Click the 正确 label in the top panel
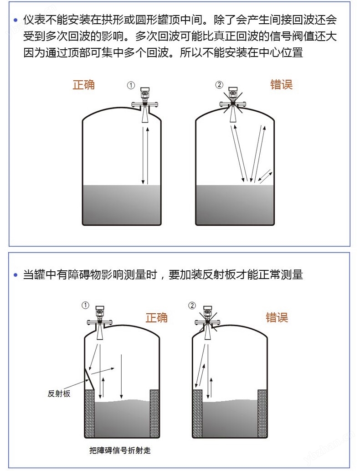tap(83, 85)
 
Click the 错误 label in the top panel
tap(281, 84)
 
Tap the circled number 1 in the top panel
tap(131, 85)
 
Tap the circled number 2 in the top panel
tap(220, 85)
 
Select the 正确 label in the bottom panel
tap(156, 317)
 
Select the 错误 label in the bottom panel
tap(277, 317)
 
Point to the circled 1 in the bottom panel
tap(86, 305)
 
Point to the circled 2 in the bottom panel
tap(192, 305)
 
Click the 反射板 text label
tap(59, 394)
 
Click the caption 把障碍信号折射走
tap(120, 450)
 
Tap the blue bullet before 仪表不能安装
tap(15, 21)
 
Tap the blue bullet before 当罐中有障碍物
tap(15, 275)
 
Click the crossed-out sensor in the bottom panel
tap(207, 322)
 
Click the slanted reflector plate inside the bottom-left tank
tap(89, 379)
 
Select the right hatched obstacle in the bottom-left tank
tap(154, 414)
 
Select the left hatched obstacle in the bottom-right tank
tap(197, 414)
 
